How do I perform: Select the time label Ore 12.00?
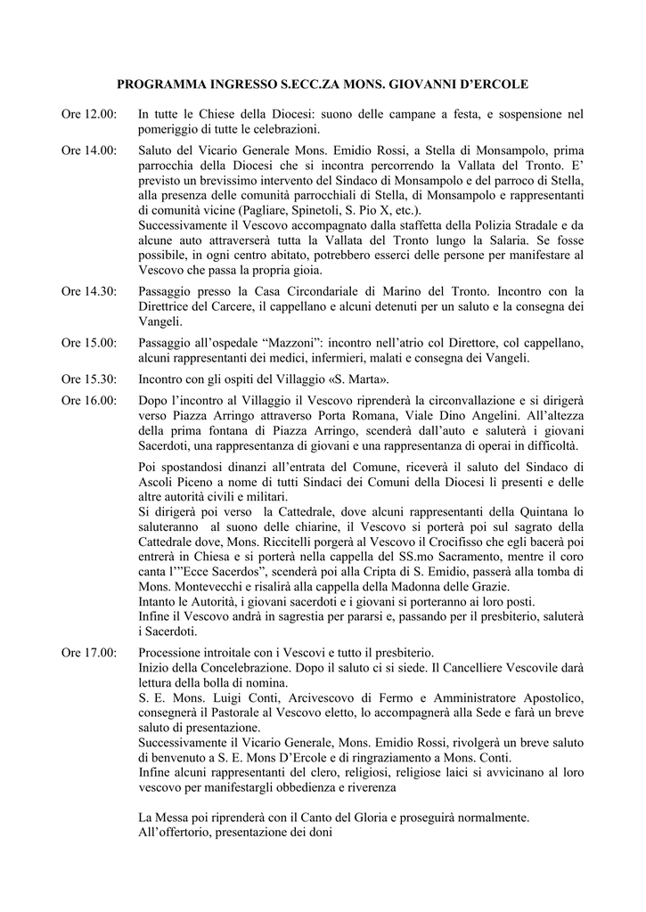[88, 114]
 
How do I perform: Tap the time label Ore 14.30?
[88, 291]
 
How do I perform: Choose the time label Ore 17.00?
[88, 653]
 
